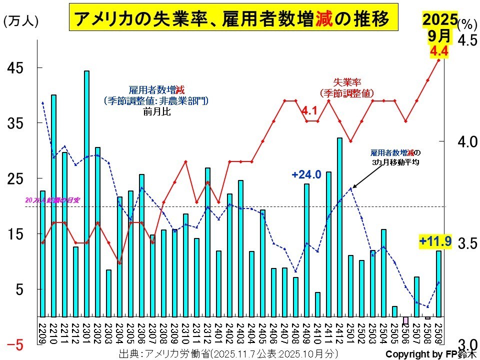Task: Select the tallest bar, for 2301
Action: click(86, 194)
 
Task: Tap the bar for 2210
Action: click(53, 205)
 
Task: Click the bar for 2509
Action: click(438, 283)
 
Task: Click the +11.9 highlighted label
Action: click(435, 242)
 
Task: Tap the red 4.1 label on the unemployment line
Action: click(310, 111)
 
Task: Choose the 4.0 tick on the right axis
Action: click(467, 141)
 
